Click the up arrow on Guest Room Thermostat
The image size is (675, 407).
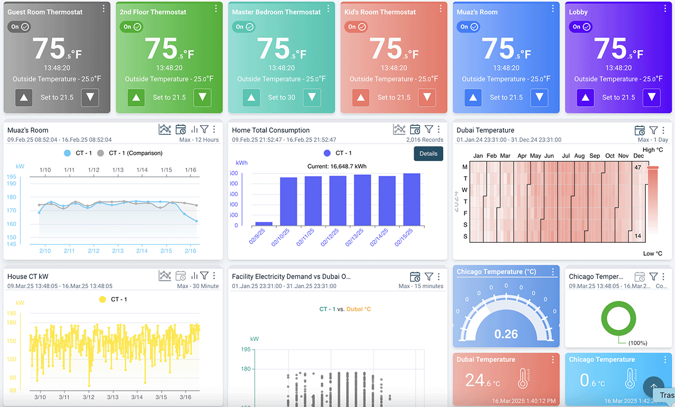[24, 98]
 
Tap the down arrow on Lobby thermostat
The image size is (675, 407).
[651, 98]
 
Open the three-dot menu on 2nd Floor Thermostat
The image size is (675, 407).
[216, 9]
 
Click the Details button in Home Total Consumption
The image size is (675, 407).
[428, 153]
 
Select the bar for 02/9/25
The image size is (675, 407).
[264, 223]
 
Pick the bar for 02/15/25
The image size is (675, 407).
[411, 199]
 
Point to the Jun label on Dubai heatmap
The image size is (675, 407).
[549, 156]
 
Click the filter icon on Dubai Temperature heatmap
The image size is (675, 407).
[653, 130]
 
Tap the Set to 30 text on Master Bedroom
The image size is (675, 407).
[282, 98]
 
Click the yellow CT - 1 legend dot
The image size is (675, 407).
[103, 299]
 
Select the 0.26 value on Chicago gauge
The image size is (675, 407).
[506, 334]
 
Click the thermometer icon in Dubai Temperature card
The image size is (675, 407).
[523, 379]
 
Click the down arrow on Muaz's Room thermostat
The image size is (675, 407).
[539, 98]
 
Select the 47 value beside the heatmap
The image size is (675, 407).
[638, 167]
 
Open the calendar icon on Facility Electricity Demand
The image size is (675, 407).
[415, 276]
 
